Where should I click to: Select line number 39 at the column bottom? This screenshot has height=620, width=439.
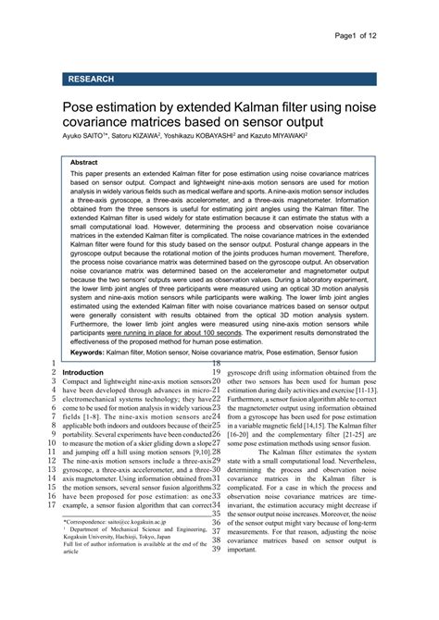[x=216, y=550]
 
